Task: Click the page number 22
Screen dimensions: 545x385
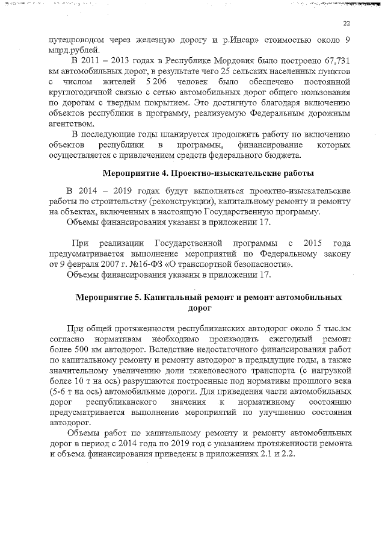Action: click(346, 23)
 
